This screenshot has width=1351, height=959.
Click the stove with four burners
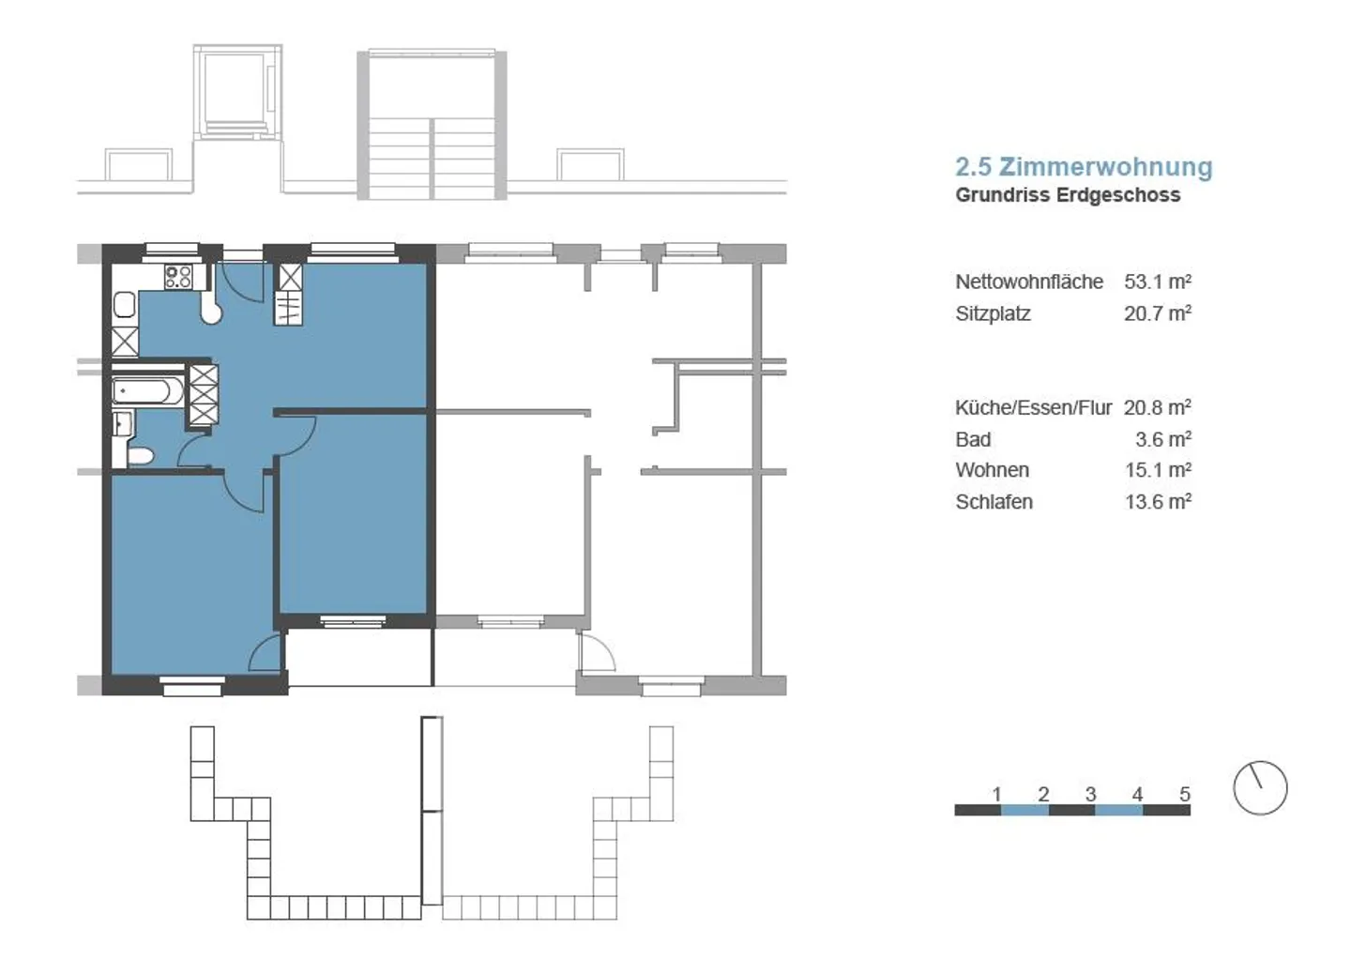pyautogui.click(x=178, y=277)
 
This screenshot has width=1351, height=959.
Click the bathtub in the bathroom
pyautogui.click(x=148, y=391)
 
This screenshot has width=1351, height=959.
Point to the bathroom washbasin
pyautogui.click(x=121, y=424)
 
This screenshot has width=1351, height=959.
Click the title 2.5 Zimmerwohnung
pyautogui.click(x=1084, y=167)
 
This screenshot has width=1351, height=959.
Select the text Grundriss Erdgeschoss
pyautogui.click(x=1068, y=195)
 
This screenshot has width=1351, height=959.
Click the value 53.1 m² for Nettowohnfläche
pyautogui.click(x=1158, y=282)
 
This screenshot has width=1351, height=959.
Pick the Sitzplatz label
pyautogui.click(x=993, y=313)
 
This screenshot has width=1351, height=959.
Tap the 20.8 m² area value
pyautogui.click(x=1158, y=407)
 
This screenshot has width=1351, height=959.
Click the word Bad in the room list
pyautogui.click(x=973, y=439)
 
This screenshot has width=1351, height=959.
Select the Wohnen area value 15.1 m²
pyautogui.click(x=1158, y=470)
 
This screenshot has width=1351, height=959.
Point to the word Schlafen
pyautogui.click(x=994, y=502)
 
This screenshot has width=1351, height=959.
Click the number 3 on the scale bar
pyautogui.click(x=1090, y=794)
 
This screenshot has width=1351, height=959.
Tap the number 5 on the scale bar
pyautogui.click(x=1184, y=794)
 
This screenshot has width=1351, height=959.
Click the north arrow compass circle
pyautogui.click(x=1260, y=787)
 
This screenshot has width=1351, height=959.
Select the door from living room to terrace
pyautogui.click(x=267, y=653)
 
